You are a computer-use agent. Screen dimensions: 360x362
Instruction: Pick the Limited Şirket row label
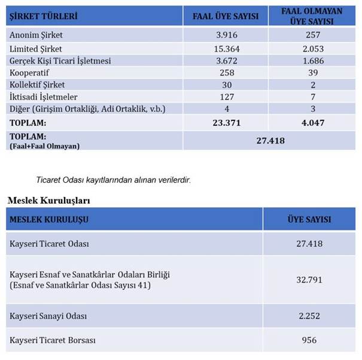coord(36,49)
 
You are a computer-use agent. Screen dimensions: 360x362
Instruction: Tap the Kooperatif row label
coord(30,72)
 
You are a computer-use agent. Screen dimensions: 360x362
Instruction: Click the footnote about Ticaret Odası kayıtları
coord(114,180)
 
